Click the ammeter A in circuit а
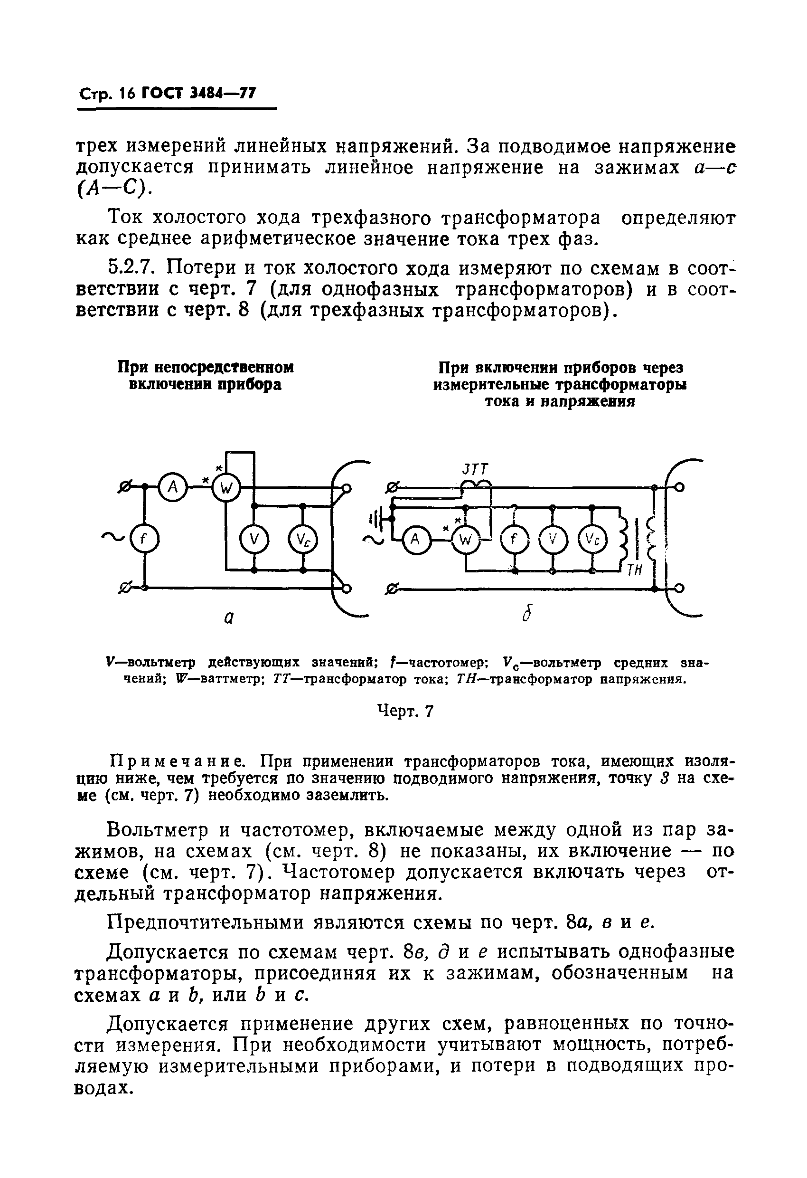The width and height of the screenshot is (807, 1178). tap(173, 487)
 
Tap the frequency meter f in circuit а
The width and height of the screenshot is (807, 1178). tap(144, 539)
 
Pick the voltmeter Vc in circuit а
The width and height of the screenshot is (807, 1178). tap(302, 541)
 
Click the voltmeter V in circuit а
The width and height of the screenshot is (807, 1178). tap(254, 541)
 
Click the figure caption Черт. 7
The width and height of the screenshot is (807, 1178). tap(406, 712)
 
